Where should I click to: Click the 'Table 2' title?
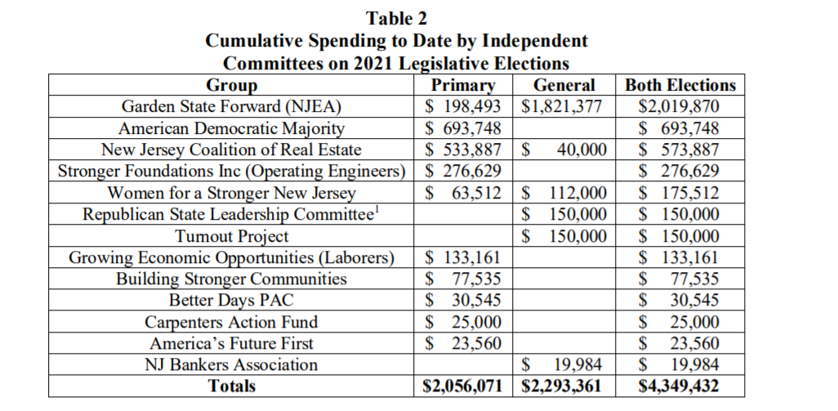click(396, 18)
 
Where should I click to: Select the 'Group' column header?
click(232, 85)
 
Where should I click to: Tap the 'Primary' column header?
click(463, 85)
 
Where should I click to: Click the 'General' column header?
click(564, 85)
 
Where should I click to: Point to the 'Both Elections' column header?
click(680, 85)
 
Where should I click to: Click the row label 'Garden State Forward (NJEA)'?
click(232, 106)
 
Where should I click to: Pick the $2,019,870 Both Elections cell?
click(680, 106)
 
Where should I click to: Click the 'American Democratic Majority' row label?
click(232, 128)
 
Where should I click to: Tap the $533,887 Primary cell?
click(463, 150)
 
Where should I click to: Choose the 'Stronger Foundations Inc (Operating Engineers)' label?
click(232, 172)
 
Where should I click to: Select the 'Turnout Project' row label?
click(232, 236)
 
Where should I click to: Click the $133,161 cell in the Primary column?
click(463, 258)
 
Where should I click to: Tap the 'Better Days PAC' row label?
click(232, 301)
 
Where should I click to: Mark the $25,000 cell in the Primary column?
click(463, 322)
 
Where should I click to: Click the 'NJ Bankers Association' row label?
click(232, 364)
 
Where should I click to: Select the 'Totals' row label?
click(232, 386)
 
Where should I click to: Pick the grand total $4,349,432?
click(680, 386)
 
